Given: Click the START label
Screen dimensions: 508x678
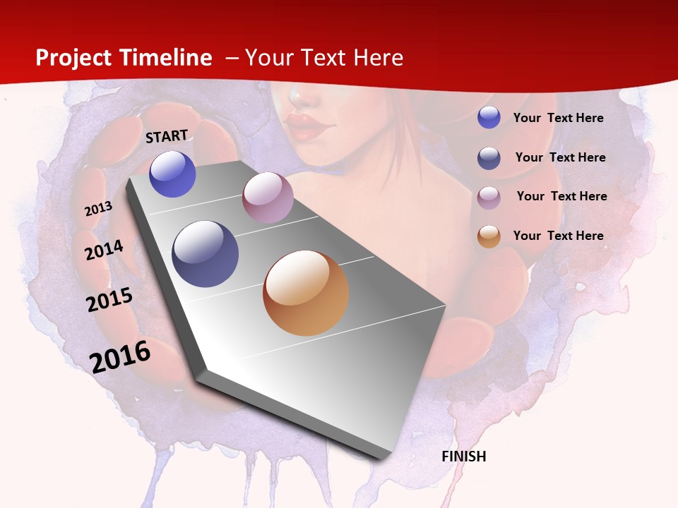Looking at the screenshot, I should [167, 136].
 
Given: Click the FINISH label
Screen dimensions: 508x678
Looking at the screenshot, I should [464, 456].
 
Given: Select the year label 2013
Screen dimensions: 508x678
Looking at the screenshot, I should [98, 209].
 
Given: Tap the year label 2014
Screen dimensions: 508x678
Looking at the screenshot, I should [104, 250].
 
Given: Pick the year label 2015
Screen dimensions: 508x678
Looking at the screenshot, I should [109, 300].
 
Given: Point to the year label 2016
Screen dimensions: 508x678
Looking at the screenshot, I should [120, 356].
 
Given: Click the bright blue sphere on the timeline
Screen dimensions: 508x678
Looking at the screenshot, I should [172, 174].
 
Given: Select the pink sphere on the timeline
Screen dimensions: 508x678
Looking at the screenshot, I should [268, 198].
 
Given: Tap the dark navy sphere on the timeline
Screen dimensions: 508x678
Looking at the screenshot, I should [205, 254].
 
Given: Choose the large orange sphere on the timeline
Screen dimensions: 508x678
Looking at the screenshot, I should [306, 293].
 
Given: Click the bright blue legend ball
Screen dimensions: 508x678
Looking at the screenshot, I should [489, 118].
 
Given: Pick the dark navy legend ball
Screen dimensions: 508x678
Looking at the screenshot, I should [489, 158].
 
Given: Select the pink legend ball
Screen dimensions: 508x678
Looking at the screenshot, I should [489, 198].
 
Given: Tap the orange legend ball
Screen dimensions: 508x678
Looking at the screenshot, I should [489, 237].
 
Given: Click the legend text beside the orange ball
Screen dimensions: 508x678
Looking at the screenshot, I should [559, 236].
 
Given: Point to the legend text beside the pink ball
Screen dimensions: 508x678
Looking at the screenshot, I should [562, 196].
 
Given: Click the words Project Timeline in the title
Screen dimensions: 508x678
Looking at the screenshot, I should [124, 58].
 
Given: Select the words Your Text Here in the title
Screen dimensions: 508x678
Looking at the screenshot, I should [324, 58].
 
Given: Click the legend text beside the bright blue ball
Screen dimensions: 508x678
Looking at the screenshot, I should [559, 118].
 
